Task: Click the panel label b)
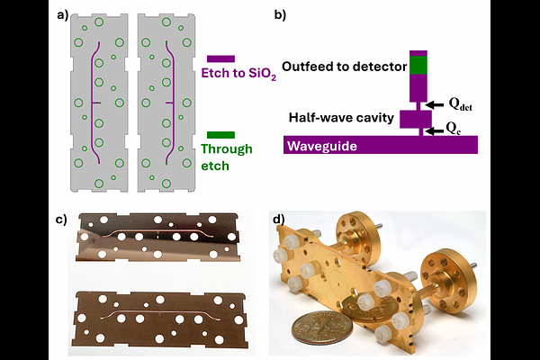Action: (x=280, y=14)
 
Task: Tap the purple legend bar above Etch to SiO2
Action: (x=220, y=58)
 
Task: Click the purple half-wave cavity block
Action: (x=417, y=119)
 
